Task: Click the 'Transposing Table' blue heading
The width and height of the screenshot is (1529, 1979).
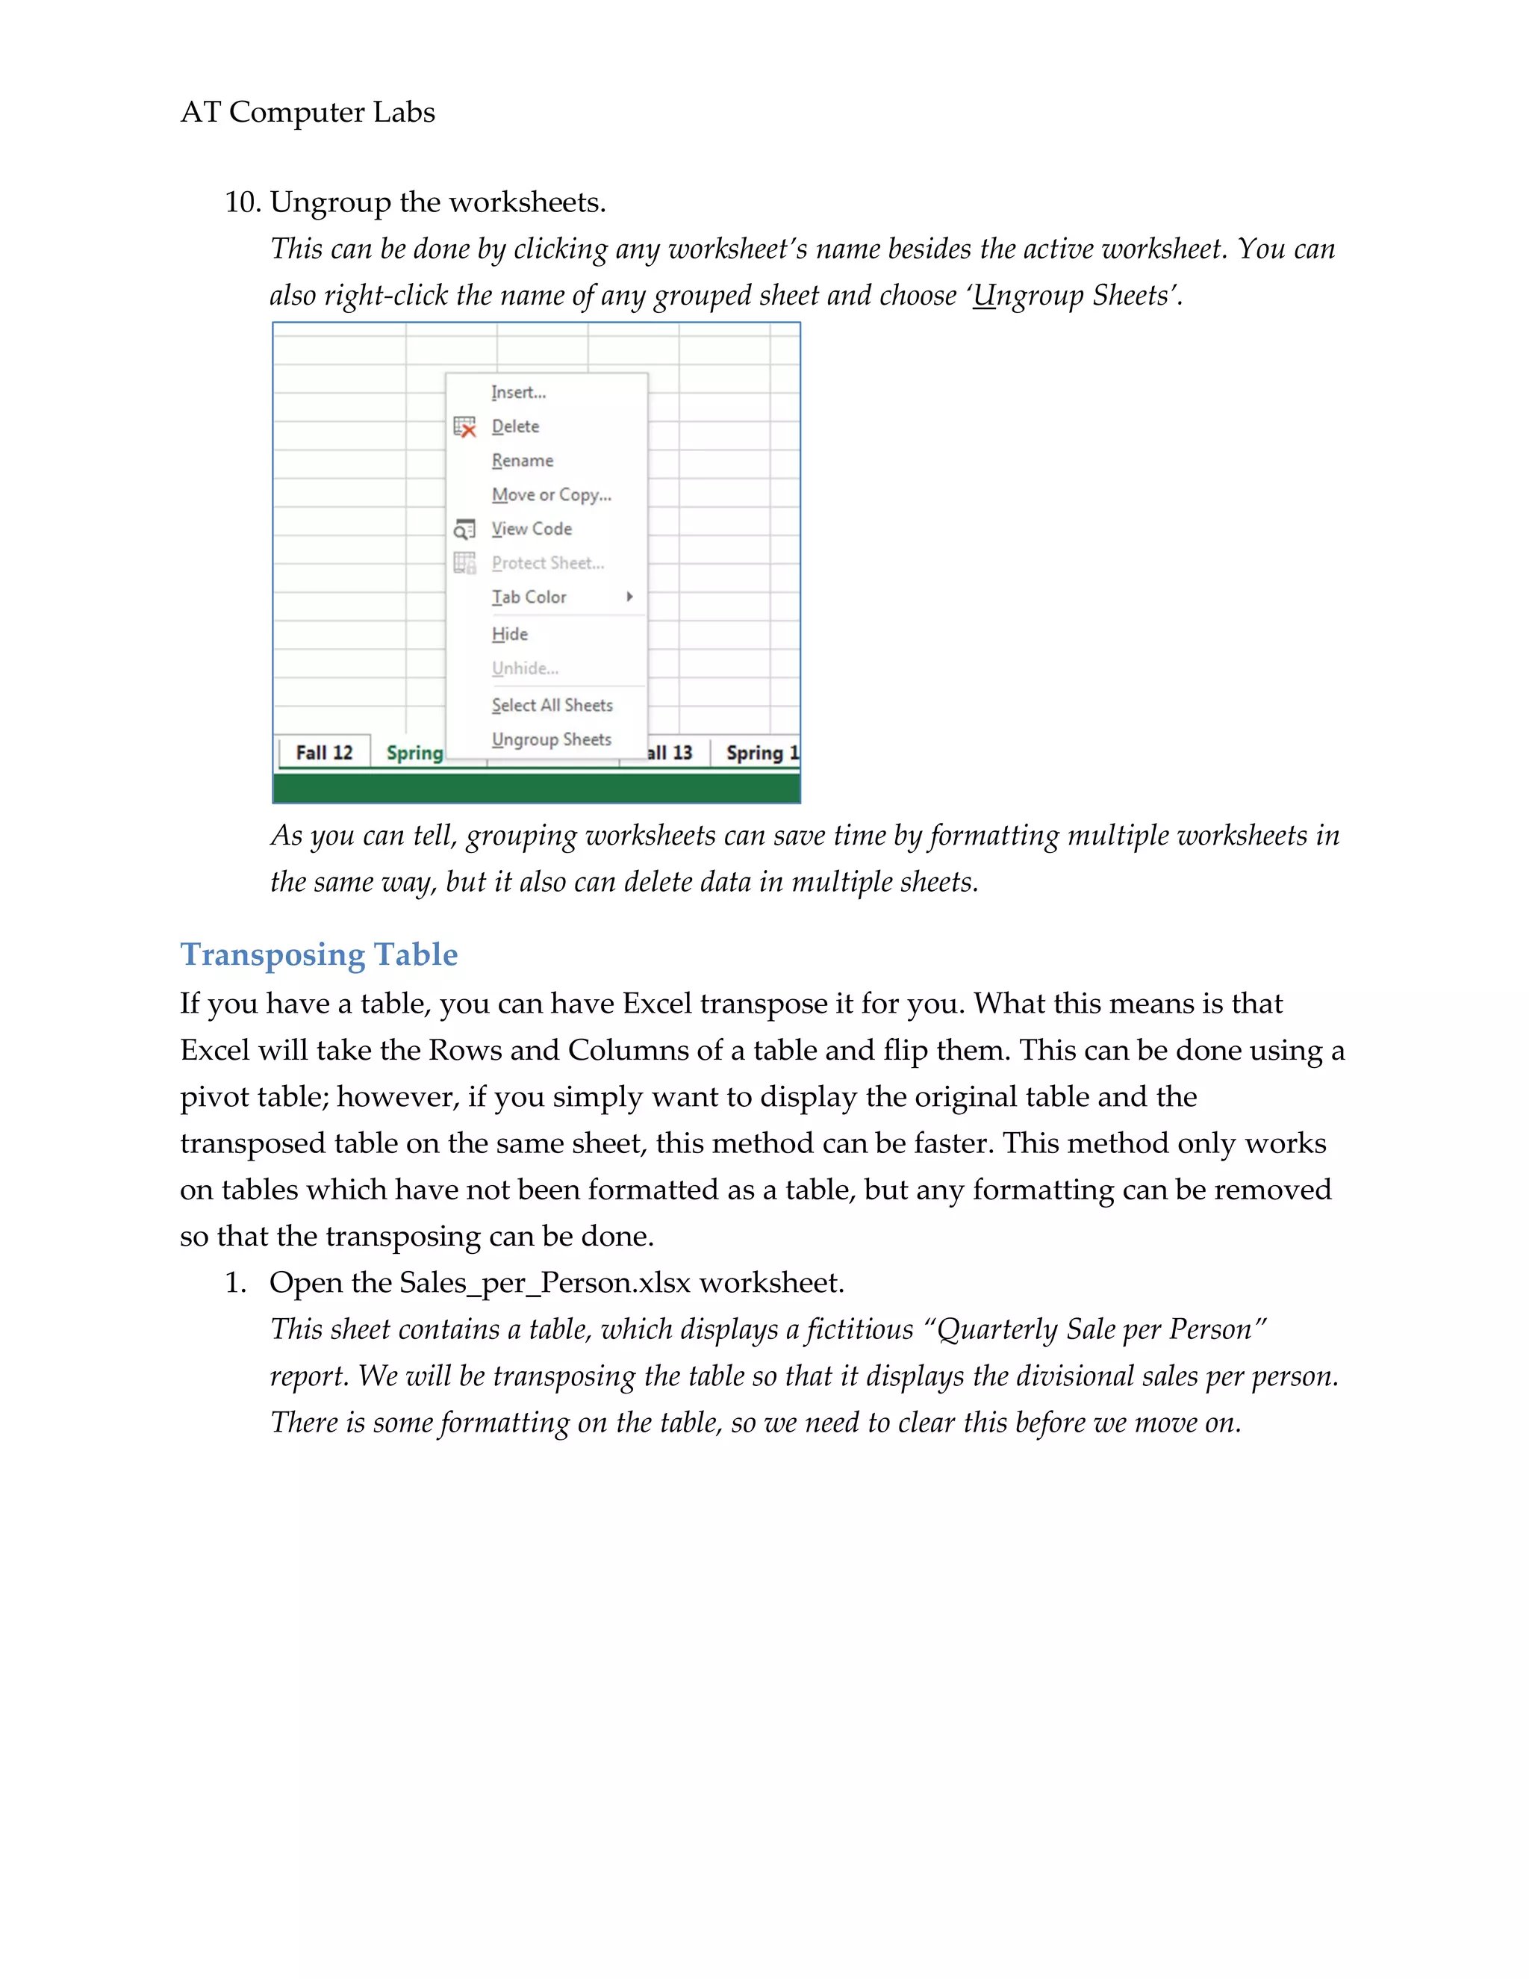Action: tap(319, 954)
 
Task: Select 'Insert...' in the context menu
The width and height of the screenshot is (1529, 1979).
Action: tap(518, 392)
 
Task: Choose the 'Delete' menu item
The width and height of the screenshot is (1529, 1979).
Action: tap(514, 426)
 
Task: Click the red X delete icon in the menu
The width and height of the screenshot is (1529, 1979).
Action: tap(464, 426)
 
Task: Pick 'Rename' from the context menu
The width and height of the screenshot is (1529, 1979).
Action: tap(522, 460)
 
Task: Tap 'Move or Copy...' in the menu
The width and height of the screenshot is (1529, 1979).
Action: tap(551, 494)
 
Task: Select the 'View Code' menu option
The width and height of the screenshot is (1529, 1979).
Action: tap(531, 528)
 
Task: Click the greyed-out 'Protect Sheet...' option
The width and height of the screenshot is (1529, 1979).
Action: tap(547, 563)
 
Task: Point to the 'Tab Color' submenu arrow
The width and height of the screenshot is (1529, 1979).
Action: tap(629, 596)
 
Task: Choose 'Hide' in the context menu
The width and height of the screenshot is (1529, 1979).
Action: tap(509, 634)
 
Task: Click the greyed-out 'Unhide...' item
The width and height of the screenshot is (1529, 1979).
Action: tap(524, 668)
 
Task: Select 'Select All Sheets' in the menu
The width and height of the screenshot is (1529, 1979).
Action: tap(552, 705)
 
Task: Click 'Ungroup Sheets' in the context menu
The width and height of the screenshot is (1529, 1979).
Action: tap(551, 739)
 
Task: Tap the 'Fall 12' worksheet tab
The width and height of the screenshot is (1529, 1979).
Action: tap(323, 753)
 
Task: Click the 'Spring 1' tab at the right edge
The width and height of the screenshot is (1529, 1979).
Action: tap(761, 753)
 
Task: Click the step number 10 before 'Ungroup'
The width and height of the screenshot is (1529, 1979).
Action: tap(242, 202)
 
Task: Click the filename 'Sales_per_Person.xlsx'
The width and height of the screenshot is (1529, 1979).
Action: tap(544, 1283)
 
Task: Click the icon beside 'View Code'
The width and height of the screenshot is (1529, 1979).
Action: tap(464, 529)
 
